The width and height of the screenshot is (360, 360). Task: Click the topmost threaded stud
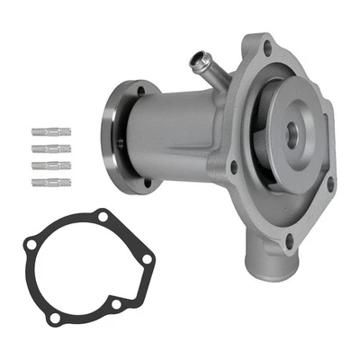pyautogui.click(x=52, y=131)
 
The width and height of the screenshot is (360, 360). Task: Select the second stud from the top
pyautogui.click(x=52, y=148)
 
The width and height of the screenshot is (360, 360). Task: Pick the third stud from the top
pyautogui.click(x=52, y=166)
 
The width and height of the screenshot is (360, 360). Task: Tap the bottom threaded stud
pyautogui.click(x=52, y=183)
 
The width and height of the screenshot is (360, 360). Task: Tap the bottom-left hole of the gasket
pyautogui.click(x=55, y=318)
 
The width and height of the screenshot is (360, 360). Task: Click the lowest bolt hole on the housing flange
pyautogui.click(x=288, y=241)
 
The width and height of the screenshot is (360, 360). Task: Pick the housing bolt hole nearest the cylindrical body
pyautogui.click(x=233, y=166)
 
